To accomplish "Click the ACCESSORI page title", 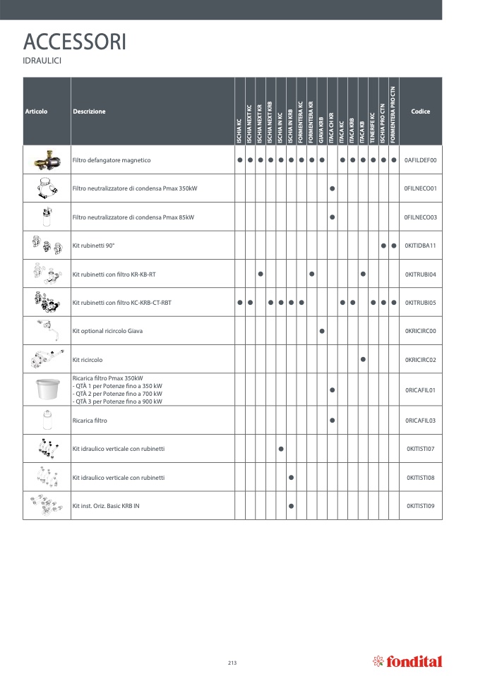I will click(75, 42).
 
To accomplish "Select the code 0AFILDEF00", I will click(421, 160).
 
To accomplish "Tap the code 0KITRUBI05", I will click(421, 303).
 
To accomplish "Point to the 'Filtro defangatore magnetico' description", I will click(112, 160).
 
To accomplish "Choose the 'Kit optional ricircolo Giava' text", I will click(112, 330).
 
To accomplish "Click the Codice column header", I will click(420, 111).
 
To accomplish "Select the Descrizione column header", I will click(89, 111).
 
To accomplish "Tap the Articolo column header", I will click(36, 111).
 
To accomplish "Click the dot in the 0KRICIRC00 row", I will click(322, 330).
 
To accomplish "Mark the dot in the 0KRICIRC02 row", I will click(363, 359).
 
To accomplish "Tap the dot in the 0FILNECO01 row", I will click(332, 189).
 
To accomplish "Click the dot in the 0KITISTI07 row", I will click(281, 448).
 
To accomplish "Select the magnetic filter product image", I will click(47, 160).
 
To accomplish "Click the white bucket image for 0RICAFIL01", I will click(47, 390).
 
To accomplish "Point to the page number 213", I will click(232, 662).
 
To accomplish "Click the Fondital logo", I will click(407, 661).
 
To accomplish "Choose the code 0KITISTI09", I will click(421, 506).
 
